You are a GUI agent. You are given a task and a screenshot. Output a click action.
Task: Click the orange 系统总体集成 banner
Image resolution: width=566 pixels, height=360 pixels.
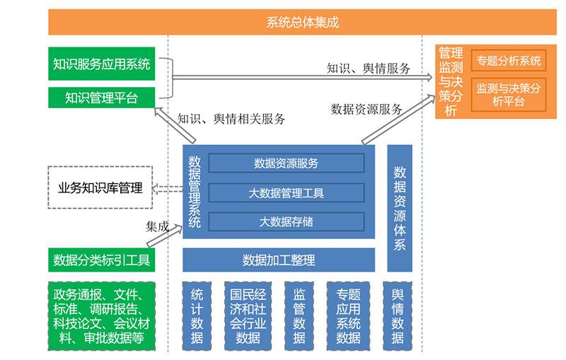[302, 23]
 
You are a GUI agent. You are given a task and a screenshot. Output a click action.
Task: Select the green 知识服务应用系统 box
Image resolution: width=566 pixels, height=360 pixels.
[102, 64]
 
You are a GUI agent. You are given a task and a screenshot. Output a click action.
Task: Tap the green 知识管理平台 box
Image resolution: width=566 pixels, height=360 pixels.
[102, 98]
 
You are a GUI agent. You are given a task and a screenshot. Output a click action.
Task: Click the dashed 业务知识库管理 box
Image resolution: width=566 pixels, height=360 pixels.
[100, 187]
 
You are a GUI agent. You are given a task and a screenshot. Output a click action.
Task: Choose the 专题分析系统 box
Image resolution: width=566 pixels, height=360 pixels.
[509, 61]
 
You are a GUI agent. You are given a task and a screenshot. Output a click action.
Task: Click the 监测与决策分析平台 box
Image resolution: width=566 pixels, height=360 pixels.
[509, 95]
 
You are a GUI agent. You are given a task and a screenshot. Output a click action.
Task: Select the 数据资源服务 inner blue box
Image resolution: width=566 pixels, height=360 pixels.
[286, 163]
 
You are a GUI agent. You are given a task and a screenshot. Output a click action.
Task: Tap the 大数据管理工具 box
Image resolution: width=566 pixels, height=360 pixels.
[286, 192]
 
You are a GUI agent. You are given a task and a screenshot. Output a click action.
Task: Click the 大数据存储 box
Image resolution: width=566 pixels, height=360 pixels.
[286, 221]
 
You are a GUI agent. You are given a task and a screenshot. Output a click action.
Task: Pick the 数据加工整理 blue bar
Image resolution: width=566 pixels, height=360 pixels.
[279, 260]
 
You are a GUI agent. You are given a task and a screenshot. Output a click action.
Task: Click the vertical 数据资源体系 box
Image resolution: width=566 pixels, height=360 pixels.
[400, 208]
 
